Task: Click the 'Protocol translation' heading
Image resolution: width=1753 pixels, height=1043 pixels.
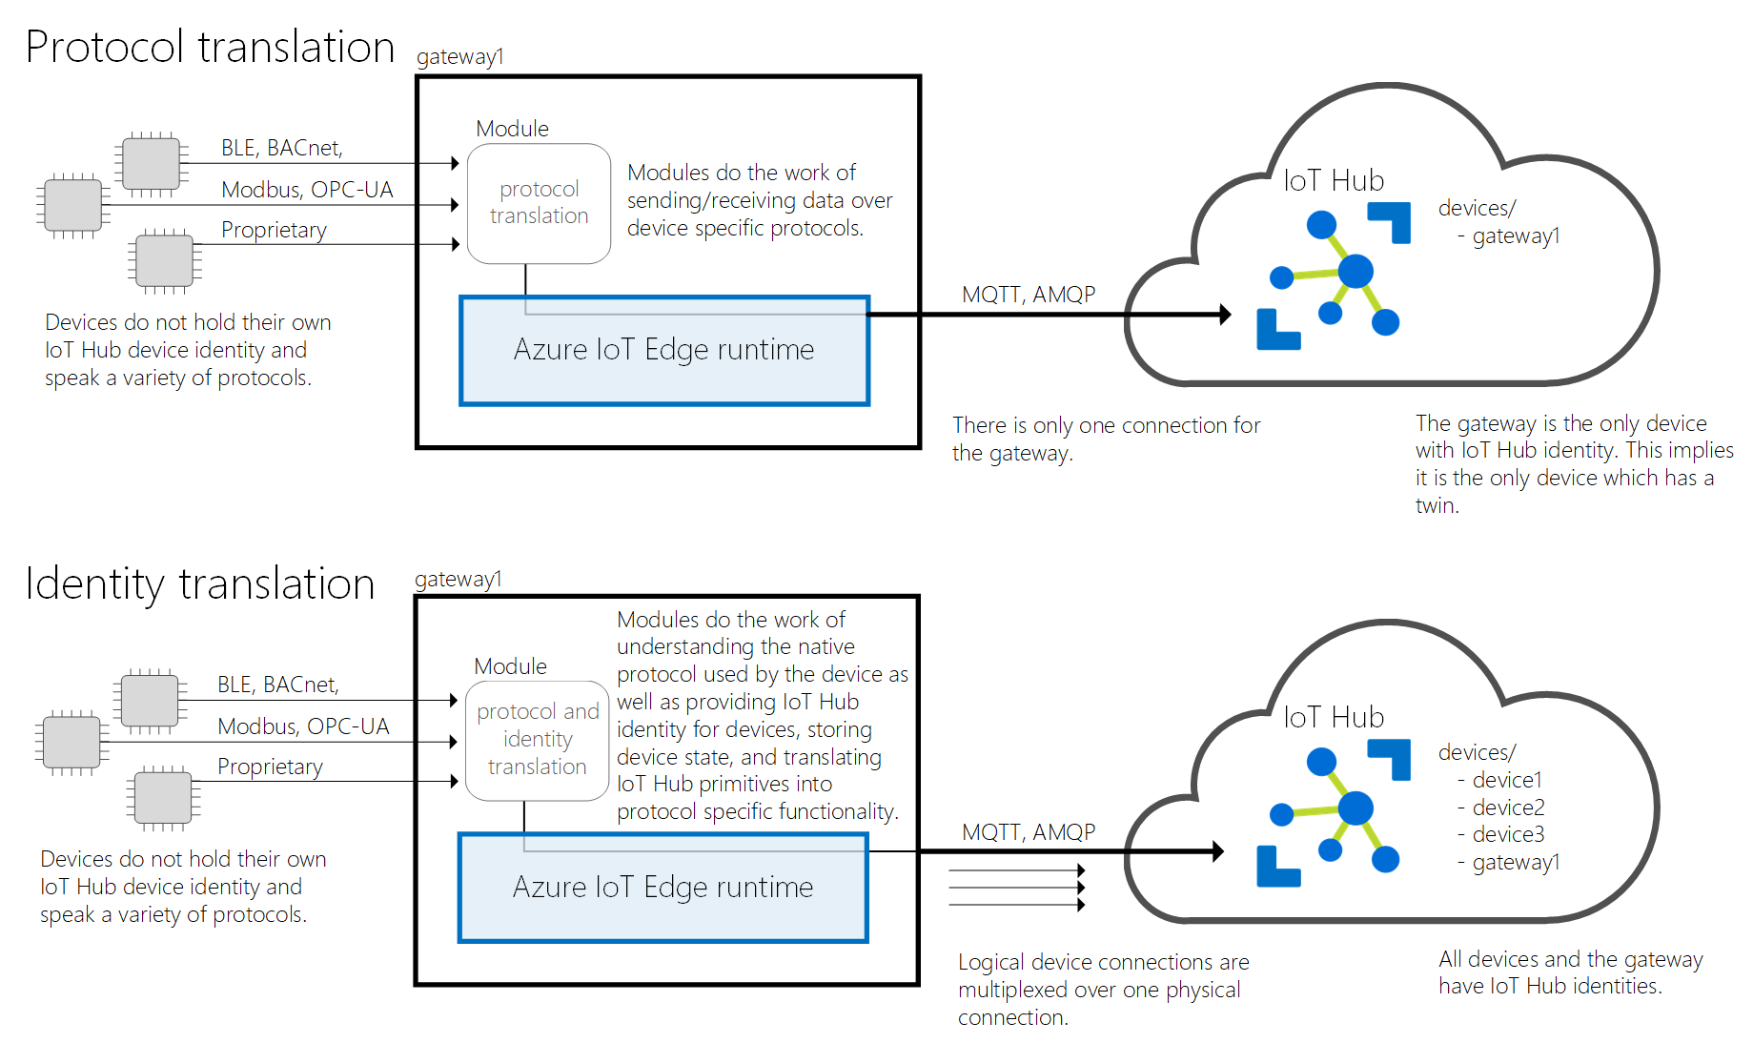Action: pyautogui.click(x=210, y=47)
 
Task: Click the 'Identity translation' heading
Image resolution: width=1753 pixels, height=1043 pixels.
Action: pyautogui.click(x=200, y=583)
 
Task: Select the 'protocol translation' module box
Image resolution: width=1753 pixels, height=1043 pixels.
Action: pyautogui.click(x=539, y=203)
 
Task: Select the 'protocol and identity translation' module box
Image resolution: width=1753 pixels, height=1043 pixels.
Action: pyautogui.click(x=538, y=740)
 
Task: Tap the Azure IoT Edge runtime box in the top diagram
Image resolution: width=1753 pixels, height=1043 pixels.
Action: pyautogui.click(x=664, y=351)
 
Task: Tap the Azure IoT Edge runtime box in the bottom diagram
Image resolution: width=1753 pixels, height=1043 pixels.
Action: pyautogui.click(x=663, y=888)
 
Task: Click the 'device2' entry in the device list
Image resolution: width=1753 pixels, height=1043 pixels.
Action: pyautogui.click(x=1507, y=808)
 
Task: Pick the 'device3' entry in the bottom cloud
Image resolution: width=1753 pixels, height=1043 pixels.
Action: pyautogui.click(x=1507, y=834)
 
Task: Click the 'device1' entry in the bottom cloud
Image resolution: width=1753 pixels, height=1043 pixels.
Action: pyautogui.click(x=1506, y=780)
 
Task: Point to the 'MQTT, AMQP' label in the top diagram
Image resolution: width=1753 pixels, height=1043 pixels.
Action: pyautogui.click(x=1029, y=295)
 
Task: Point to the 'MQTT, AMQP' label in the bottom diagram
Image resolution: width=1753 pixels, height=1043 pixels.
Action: pyautogui.click(x=1029, y=832)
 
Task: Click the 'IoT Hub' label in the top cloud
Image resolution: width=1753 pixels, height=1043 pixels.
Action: pyautogui.click(x=1334, y=180)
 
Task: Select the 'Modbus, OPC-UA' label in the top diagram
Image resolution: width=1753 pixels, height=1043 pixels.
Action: pyautogui.click(x=307, y=190)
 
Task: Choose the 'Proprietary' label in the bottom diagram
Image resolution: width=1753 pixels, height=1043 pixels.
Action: pyautogui.click(x=270, y=767)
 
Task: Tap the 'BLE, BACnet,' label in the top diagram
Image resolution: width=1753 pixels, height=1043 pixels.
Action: pyautogui.click(x=282, y=148)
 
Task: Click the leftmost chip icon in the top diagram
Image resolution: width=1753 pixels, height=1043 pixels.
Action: pyautogui.click(x=73, y=205)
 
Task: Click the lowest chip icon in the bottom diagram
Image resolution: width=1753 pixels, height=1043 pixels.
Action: pyautogui.click(x=163, y=798)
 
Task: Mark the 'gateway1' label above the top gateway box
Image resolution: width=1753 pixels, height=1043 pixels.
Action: pyautogui.click(x=459, y=57)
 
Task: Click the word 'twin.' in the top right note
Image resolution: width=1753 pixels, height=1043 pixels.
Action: pyautogui.click(x=1437, y=506)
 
